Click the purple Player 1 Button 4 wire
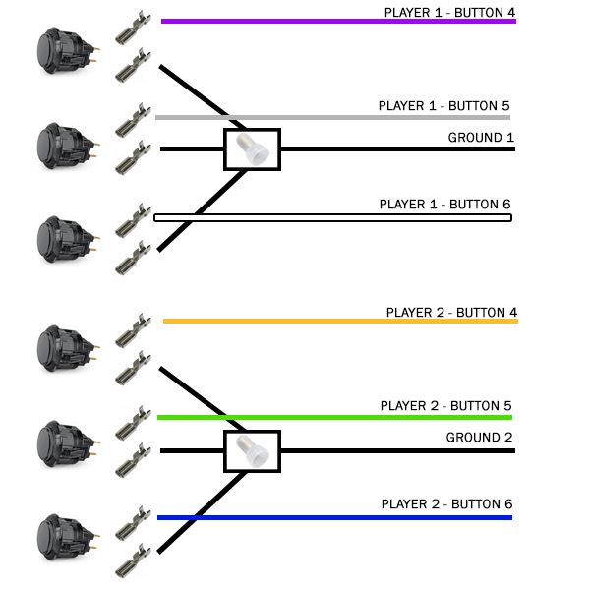(x=338, y=21)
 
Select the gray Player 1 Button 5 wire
(x=332, y=118)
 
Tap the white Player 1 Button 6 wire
(x=332, y=218)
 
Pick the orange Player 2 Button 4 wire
(x=340, y=321)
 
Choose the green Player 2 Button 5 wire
(x=334, y=417)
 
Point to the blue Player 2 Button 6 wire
(x=334, y=518)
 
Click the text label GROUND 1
(x=481, y=138)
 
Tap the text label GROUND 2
(x=480, y=438)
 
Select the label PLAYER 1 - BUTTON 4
(x=449, y=13)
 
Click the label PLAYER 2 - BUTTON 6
(x=447, y=504)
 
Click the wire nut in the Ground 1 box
(x=252, y=149)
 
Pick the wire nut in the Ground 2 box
(x=252, y=450)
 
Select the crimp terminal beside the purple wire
(x=133, y=28)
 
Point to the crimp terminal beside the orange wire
(x=133, y=330)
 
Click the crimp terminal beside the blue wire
(x=133, y=523)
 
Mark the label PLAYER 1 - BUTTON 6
(x=444, y=205)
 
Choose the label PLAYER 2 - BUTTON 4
(x=451, y=313)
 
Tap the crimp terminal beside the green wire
(x=133, y=423)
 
